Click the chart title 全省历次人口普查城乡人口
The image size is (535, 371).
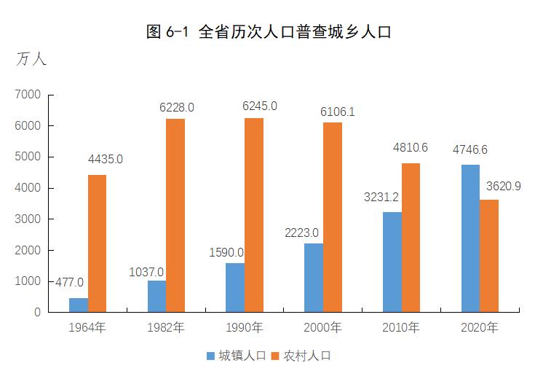[x=269, y=31]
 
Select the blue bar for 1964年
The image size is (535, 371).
[x=79, y=305]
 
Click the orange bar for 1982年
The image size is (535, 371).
[x=175, y=215]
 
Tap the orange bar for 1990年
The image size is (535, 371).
[x=254, y=215]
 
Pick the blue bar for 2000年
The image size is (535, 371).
[x=314, y=278]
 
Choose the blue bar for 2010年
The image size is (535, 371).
[x=392, y=262]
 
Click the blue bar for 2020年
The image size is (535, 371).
[x=470, y=238]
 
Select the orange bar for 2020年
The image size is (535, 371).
[x=489, y=256]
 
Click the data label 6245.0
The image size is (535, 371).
[x=260, y=106]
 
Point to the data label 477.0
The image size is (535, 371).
[x=69, y=282]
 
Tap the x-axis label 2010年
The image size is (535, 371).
[x=400, y=328]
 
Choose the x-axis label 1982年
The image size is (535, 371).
[x=166, y=328]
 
